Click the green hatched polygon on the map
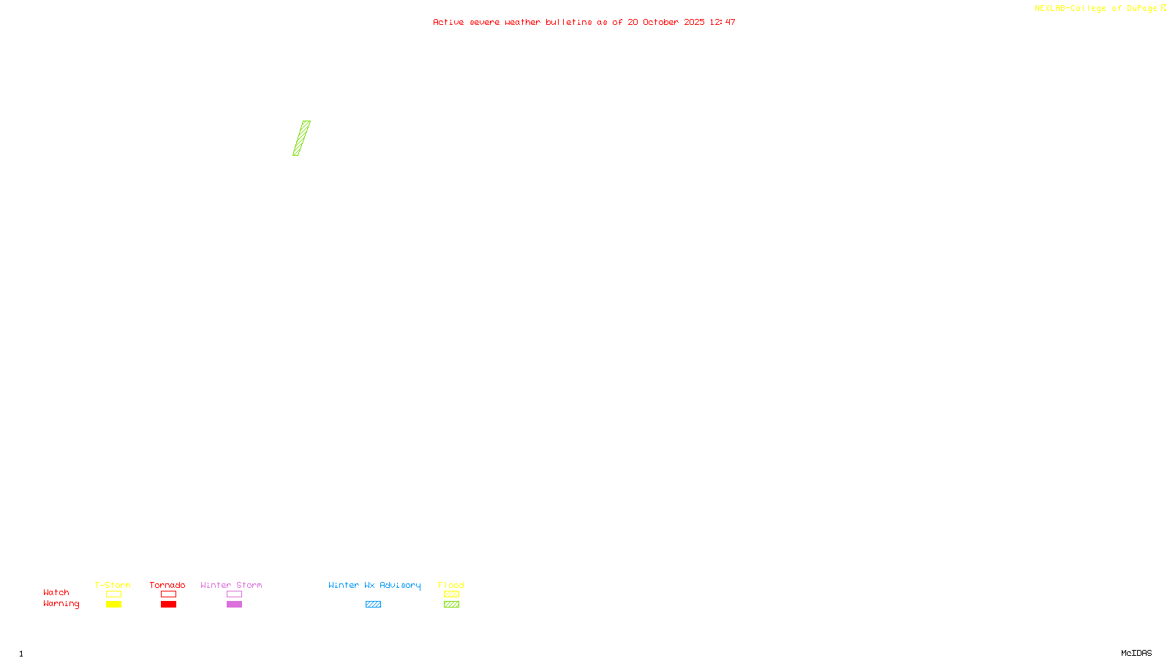tap(301, 138)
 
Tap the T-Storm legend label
tap(113, 585)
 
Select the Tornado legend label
tap(167, 585)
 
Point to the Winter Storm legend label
tap(231, 585)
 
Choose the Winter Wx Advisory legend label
tap(374, 585)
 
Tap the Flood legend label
tap(451, 585)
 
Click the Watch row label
tap(56, 592)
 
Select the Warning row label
tap(61, 604)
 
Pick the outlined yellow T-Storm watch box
tap(113, 594)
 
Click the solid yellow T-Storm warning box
tap(113, 605)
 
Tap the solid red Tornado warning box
tap(168, 605)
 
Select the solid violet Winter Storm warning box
tap(234, 605)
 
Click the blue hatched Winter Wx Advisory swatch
tap(373, 605)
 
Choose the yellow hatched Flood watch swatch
tap(451, 594)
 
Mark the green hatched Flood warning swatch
tap(451, 605)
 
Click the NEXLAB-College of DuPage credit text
tap(1096, 9)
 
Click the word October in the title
tap(661, 22)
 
